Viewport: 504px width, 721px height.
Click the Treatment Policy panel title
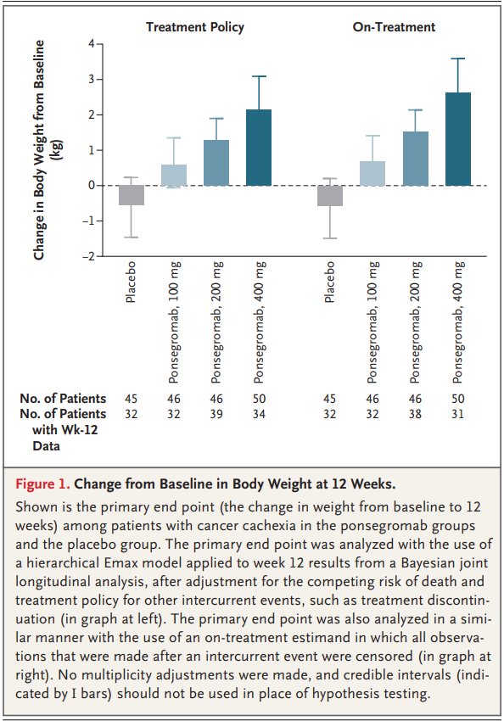coord(194,27)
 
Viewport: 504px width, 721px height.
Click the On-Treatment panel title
coord(394,27)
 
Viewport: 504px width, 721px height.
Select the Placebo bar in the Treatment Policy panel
coord(131,195)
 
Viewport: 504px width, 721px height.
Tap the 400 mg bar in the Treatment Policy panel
coord(259,148)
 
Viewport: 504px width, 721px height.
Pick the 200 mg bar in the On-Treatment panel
coord(415,159)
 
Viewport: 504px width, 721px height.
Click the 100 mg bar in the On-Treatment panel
coord(372,173)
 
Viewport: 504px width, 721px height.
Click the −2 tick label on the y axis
coord(88,256)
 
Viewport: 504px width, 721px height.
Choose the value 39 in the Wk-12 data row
coord(216,414)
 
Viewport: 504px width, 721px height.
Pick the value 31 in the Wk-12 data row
coord(458,414)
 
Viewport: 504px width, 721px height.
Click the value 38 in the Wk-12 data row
coord(415,414)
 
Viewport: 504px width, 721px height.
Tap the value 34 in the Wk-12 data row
coord(259,414)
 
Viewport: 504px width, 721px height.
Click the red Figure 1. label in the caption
coord(43,485)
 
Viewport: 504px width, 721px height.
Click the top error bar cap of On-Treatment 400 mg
coord(458,59)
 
